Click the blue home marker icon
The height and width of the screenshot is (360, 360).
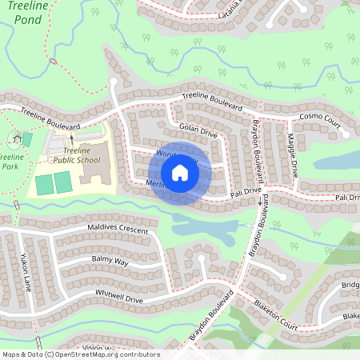pyautogui.click(x=180, y=173)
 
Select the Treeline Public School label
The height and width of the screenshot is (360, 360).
pyautogui.click(x=77, y=155)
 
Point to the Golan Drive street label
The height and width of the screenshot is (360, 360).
pyautogui.click(x=198, y=130)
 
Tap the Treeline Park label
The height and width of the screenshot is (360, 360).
pyautogui.click(x=12, y=162)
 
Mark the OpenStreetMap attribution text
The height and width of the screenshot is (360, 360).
pyautogui.click(x=80, y=354)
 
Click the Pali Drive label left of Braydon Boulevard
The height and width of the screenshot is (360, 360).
pyautogui.click(x=246, y=193)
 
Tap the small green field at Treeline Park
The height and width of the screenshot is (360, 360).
pyautogui.click(x=27, y=139)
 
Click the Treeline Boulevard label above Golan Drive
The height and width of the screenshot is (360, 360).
pyautogui.click(x=211, y=100)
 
